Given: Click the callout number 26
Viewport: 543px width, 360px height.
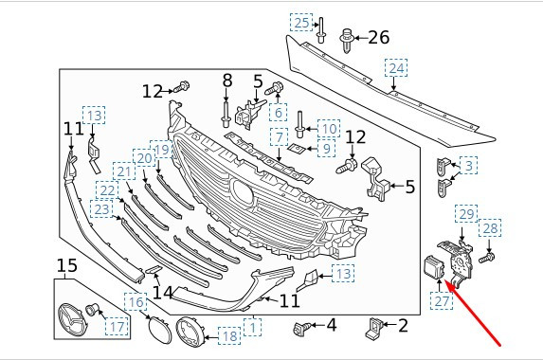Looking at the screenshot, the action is click(x=379, y=37).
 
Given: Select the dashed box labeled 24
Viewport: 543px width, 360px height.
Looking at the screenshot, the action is click(x=396, y=68).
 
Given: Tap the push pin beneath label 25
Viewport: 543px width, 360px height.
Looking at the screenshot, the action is click(x=320, y=30).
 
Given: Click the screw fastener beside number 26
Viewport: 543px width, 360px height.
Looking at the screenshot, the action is click(x=347, y=40).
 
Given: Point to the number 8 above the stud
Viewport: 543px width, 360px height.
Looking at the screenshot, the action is click(x=227, y=81).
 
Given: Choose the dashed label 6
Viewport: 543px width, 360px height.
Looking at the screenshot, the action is click(x=279, y=113).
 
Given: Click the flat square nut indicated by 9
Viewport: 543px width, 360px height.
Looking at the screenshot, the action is click(x=296, y=149).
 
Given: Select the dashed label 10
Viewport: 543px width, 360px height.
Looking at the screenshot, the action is click(x=329, y=129).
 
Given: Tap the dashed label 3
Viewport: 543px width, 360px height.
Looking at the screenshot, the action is click(x=468, y=165).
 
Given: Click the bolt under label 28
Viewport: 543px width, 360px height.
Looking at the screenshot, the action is click(x=486, y=258).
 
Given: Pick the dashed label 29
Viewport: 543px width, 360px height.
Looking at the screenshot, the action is click(x=466, y=214).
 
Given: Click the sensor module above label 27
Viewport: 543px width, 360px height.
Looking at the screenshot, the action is click(x=434, y=267).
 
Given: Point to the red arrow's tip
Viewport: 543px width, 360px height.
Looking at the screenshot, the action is click(x=444, y=281).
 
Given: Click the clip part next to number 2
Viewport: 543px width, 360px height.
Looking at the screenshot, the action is click(x=374, y=327).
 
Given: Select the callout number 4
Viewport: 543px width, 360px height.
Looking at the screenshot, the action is click(x=332, y=325).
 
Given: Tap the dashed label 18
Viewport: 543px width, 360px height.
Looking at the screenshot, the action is click(x=229, y=335).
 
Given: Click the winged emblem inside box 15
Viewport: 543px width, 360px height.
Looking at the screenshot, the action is click(x=73, y=320).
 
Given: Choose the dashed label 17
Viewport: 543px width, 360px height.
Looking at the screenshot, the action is click(x=117, y=327).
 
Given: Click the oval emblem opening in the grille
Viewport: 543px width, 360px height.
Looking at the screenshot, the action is click(x=243, y=191).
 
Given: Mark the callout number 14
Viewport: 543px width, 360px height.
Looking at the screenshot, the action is click(x=162, y=293).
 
